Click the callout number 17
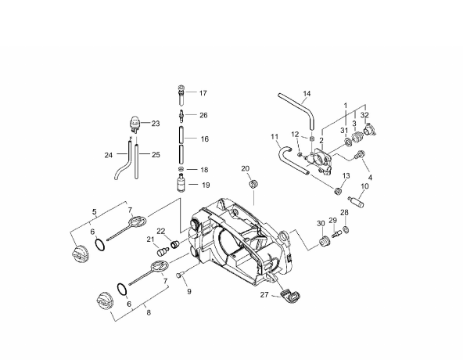203,93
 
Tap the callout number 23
156,124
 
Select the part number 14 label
307,94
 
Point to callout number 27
264,295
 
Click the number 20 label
246,168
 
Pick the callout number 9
189,291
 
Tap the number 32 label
364,115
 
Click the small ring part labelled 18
181,169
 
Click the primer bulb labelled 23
135,124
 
